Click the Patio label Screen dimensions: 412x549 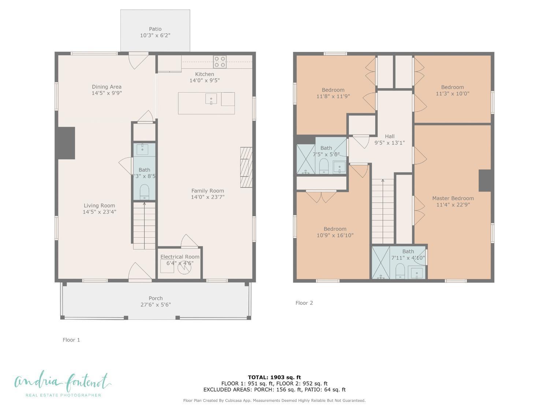coord(155,29)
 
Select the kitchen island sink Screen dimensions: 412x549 coord(211,99)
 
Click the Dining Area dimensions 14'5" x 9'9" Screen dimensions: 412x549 coord(107,93)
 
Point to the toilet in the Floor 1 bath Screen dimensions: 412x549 coord(145,192)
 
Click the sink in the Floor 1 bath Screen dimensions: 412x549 coord(142,149)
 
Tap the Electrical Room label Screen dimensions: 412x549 coord(180,257)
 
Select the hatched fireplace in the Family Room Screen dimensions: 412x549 coord(246,167)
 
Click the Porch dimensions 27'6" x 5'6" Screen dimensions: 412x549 coord(156,305)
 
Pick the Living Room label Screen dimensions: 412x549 coord(99,205)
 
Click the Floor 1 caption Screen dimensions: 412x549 coord(71,340)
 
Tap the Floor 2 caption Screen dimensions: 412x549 coord(304,303)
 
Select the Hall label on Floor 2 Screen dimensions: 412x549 coord(389,136)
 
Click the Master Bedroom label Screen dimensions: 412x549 coord(453,198)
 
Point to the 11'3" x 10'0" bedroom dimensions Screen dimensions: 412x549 coord(452,93)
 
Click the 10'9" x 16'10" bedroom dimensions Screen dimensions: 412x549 coord(335,235)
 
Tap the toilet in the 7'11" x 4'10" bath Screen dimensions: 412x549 coord(400,271)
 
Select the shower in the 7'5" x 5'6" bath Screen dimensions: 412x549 coord(305,159)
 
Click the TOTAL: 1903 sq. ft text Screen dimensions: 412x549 coord(274,377)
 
